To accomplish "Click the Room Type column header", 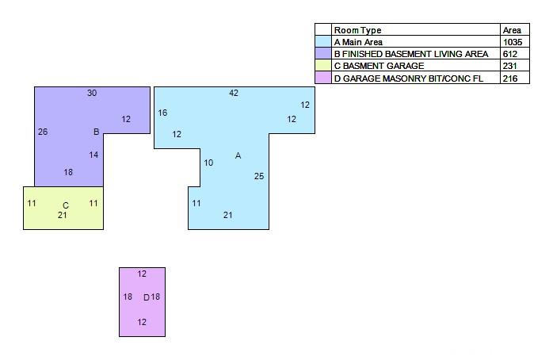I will point(357,30).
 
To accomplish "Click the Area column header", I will point(511,30).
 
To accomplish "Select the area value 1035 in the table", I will point(513,42).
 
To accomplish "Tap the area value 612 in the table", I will point(509,54).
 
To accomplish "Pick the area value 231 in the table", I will point(509,66).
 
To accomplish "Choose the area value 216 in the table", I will point(509,79).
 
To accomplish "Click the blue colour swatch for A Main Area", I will point(323,42).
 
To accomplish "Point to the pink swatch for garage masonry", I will point(323,79).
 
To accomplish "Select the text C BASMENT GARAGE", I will point(379,66).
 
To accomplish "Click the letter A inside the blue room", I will point(238,155).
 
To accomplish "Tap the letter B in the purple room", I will point(96,132).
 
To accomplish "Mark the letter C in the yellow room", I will point(66,205).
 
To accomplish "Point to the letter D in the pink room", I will point(146,297).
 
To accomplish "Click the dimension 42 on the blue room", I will point(234,94).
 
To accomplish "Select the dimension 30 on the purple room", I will point(92,94).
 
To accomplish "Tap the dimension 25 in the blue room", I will point(259,176).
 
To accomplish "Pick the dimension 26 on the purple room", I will point(43,132).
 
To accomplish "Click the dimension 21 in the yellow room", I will point(63,215).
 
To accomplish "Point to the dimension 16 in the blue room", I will point(162,113).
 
